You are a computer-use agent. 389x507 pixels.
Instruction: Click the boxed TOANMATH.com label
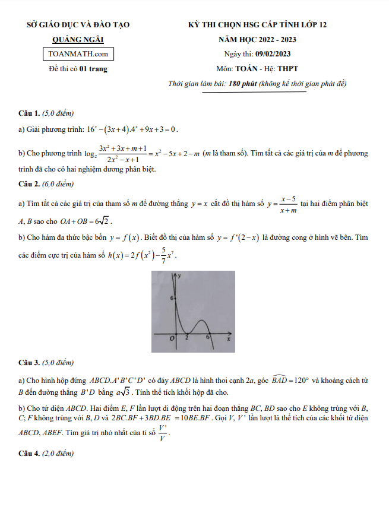[x=78, y=54]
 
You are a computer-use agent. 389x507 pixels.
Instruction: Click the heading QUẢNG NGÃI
[x=78, y=40]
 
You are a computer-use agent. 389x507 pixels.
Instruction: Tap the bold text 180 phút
[x=242, y=84]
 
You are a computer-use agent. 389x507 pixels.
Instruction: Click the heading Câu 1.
[x=29, y=113]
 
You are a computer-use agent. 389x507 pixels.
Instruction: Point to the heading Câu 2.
[x=29, y=183]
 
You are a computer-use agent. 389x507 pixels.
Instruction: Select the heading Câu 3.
[x=29, y=362]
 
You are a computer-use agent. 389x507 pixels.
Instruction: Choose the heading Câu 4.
[x=29, y=454]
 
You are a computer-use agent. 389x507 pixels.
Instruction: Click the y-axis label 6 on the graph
[x=171, y=298]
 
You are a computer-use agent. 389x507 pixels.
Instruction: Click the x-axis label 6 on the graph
[x=207, y=337]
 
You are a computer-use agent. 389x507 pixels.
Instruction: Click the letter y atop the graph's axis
[x=179, y=276]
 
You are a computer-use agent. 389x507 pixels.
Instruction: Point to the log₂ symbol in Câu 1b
[x=90, y=154]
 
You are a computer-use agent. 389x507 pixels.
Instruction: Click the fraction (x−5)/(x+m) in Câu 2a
[x=289, y=204]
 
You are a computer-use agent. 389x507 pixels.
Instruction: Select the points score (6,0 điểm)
[x=58, y=183]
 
